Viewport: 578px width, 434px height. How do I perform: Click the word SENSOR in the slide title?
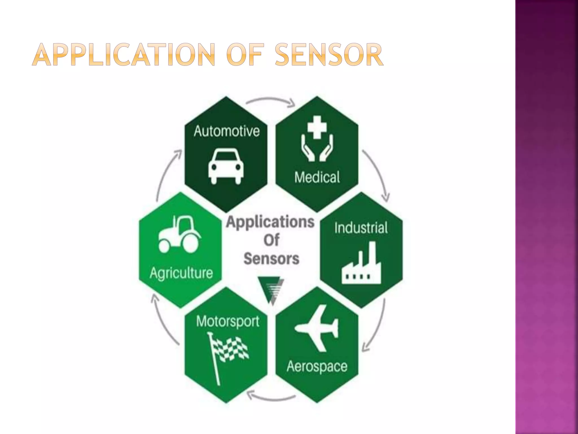pyautogui.click(x=329, y=55)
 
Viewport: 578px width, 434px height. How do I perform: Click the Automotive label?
pyautogui.click(x=227, y=131)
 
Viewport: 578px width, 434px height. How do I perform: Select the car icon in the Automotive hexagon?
pyautogui.click(x=225, y=167)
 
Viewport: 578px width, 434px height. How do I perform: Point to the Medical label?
pyautogui.click(x=317, y=177)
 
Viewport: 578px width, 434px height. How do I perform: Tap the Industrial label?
pyautogui.click(x=361, y=228)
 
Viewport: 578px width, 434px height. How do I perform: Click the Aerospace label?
pyautogui.click(x=317, y=366)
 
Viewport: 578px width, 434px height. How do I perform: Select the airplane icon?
pyautogui.click(x=317, y=328)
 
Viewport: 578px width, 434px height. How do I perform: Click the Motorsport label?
pyautogui.click(x=228, y=321)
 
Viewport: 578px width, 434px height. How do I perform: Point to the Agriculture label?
pyautogui.click(x=181, y=273)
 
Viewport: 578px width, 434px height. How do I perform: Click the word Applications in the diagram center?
pyautogui.click(x=270, y=222)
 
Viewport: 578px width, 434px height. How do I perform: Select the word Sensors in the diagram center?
pyautogui.click(x=271, y=259)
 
